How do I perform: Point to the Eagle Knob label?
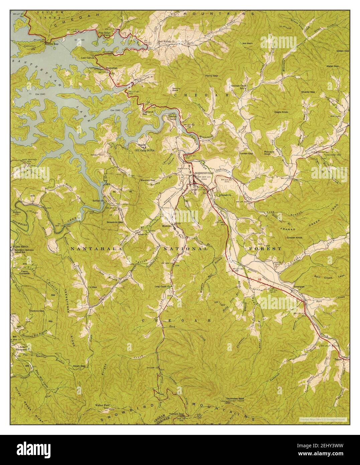tap(281, 112)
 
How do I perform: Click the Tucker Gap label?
tap(246, 153)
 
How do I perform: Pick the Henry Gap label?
tap(211, 76)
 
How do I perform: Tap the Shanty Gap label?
tap(308, 92)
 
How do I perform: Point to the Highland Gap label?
tap(147, 113)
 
